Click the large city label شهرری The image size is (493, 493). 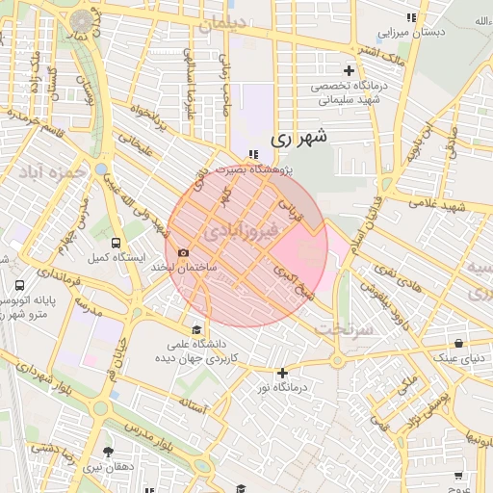click(298, 137)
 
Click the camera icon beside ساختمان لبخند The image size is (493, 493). click(184, 252)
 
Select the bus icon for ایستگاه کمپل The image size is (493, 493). click(117, 243)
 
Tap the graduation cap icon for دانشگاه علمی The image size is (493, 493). click(197, 329)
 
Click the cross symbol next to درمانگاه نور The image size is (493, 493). click(282, 373)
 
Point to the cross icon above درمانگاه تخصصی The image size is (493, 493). click(350, 70)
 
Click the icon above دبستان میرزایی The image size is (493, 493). click(411, 17)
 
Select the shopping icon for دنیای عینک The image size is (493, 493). click(458, 343)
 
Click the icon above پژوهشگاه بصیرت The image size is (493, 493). click(253, 154)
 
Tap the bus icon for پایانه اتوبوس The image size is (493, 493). click(20, 286)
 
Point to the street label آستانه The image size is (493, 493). click(191, 407)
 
